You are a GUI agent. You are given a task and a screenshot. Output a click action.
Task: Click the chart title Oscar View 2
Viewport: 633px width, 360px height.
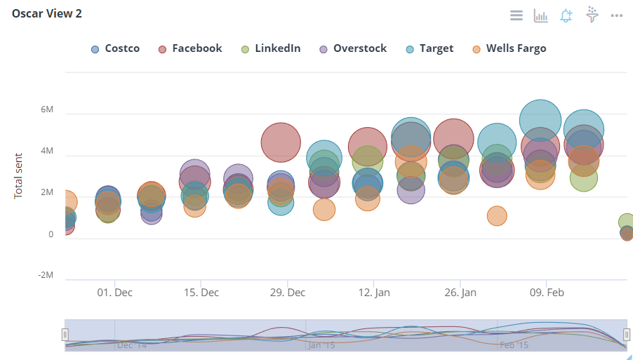pos(46,14)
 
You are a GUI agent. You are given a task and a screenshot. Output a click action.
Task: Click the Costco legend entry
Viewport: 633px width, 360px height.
pos(116,48)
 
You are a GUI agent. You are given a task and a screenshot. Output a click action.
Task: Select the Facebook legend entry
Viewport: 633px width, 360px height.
pos(190,48)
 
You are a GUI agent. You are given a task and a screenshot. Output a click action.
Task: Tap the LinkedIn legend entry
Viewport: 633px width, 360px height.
pos(271,48)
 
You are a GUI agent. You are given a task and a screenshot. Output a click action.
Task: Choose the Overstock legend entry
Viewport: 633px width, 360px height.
pos(353,48)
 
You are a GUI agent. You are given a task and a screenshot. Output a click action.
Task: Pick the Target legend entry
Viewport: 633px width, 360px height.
pos(429,48)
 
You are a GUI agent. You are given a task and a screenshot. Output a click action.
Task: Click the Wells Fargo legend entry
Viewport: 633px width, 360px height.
pos(509,48)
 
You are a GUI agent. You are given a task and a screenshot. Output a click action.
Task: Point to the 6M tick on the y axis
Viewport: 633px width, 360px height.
pos(46,110)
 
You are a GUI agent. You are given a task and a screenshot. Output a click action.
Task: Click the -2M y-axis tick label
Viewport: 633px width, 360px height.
pos(45,275)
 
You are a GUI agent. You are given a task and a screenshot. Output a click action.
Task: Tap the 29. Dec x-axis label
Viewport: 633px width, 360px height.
pos(288,292)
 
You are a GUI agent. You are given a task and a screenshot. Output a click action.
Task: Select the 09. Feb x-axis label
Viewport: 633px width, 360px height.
pos(547,292)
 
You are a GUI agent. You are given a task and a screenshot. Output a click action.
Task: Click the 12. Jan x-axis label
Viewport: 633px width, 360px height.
pos(374,292)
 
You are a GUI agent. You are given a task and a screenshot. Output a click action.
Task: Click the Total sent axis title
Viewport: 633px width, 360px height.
pos(19,175)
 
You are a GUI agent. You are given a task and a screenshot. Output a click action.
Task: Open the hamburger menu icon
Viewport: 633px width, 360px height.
pos(517,15)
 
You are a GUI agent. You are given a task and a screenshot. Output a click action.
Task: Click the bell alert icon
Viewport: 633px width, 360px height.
pos(566,15)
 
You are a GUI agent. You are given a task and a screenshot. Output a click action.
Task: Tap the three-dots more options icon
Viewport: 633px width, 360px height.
pos(617,15)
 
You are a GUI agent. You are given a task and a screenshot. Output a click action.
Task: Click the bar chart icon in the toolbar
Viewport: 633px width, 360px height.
pos(540,15)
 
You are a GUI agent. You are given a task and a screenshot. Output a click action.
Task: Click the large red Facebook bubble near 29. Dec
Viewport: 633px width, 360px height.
pos(281,142)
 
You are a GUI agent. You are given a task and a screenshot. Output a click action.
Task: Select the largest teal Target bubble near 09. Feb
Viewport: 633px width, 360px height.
pos(540,121)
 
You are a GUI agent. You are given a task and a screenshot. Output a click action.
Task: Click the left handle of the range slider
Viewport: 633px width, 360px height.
pos(65,335)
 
